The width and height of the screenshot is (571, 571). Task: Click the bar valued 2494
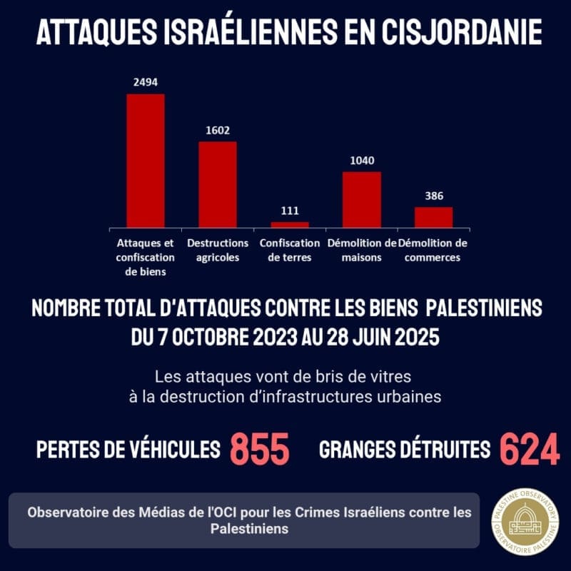click(x=146, y=161)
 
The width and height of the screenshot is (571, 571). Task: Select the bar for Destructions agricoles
click(x=218, y=185)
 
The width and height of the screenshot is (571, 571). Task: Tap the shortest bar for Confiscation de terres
click(x=290, y=225)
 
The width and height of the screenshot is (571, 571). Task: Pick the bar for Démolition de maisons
click(x=362, y=200)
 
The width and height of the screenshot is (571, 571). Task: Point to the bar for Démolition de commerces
click(x=433, y=218)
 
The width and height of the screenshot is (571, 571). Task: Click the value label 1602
click(x=218, y=131)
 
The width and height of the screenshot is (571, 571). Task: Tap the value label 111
click(x=290, y=211)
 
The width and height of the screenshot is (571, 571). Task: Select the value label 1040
click(x=362, y=161)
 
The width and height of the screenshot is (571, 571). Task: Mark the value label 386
click(x=434, y=196)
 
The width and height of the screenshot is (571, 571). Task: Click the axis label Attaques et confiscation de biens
click(x=146, y=258)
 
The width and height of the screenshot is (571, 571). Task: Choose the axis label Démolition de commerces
click(x=433, y=251)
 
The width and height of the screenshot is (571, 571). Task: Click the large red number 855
click(x=260, y=449)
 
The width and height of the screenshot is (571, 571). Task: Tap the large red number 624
click(x=530, y=449)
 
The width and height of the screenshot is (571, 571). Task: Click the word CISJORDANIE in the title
click(x=462, y=32)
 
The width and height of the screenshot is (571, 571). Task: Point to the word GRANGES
click(x=357, y=450)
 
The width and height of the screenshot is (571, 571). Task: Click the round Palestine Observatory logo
click(x=525, y=522)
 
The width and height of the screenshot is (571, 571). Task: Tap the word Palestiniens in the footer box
click(x=249, y=529)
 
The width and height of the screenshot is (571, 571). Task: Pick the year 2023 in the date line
click(x=276, y=337)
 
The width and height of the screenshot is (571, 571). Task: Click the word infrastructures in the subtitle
click(x=317, y=397)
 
